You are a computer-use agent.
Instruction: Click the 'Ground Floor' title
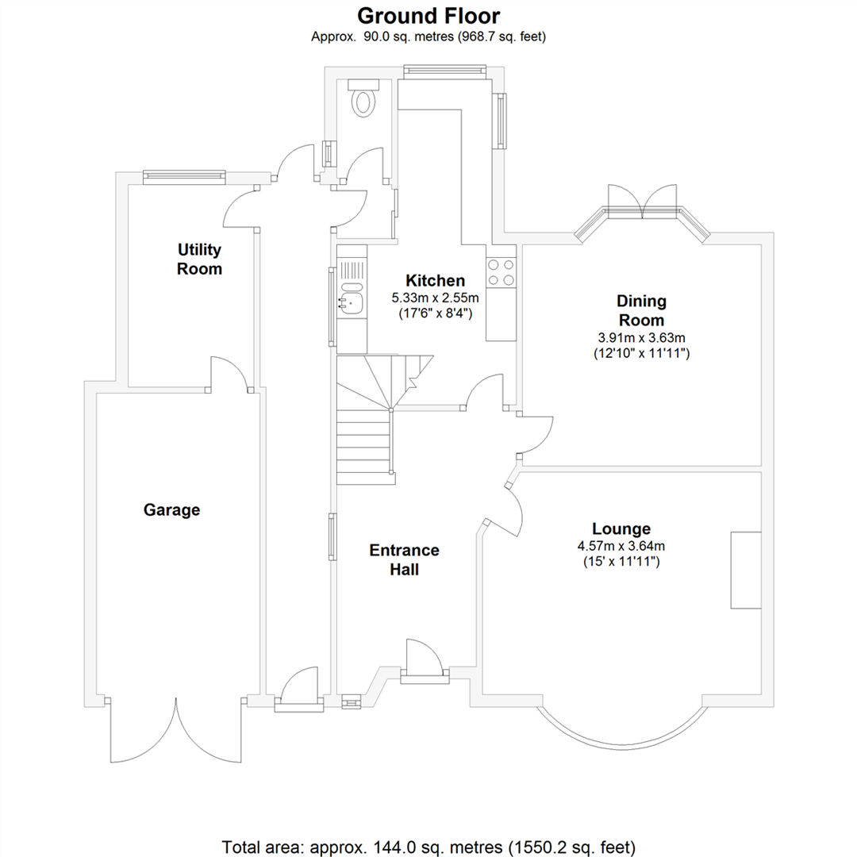click(428, 15)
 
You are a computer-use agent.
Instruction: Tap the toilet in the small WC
click(364, 101)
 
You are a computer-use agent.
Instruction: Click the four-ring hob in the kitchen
click(502, 272)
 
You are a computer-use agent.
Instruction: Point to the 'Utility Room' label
click(199, 259)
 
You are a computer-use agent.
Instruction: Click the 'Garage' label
click(171, 510)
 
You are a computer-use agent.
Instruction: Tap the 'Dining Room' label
click(641, 310)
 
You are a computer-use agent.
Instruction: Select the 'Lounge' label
click(621, 528)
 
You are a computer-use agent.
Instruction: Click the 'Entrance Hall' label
click(404, 559)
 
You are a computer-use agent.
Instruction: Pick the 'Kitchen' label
click(435, 280)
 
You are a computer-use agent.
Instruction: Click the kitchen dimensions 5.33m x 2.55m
click(435, 298)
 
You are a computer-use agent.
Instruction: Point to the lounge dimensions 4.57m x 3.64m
click(621, 546)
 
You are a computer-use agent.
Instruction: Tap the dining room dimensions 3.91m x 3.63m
click(641, 337)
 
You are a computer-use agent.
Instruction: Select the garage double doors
click(176, 730)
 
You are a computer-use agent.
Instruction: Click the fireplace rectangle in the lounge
click(746, 570)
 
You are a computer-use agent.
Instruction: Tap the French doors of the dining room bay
click(642, 202)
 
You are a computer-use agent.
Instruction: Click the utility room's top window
click(183, 176)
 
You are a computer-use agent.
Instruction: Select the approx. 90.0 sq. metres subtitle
click(428, 36)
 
